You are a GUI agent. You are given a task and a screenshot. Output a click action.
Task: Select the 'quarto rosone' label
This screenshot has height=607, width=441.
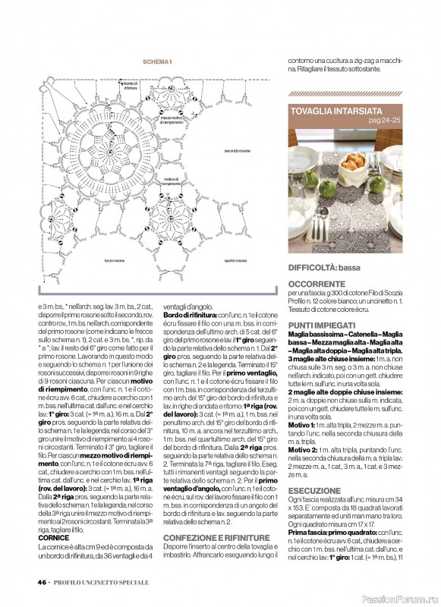pos(235,260)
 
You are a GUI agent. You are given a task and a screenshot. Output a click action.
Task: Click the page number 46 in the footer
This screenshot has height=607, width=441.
pos(41,582)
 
